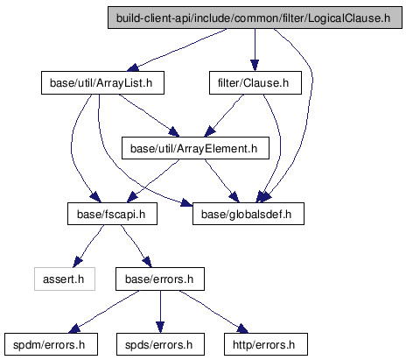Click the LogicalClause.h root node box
[x=255, y=18]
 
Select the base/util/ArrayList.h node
[x=102, y=83]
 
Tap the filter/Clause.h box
[x=255, y=83]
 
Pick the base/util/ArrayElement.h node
[x=195, y=148]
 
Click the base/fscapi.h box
[x=112, y=214]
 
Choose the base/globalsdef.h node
[x=248, y=214]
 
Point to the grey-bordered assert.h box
[x=65, y=279]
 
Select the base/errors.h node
[x=160, y=279]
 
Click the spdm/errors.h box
[x=51, y=344]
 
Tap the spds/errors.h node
[x=160, y=344]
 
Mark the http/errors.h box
[x=266, y=344]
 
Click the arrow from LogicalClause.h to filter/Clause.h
[x=255, y=50]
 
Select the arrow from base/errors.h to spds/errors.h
[x=160, y=312]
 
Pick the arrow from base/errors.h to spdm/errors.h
[x=103, y=313]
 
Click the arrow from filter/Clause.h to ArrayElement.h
[x=224, y=116]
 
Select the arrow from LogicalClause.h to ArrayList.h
[x=177, y=50]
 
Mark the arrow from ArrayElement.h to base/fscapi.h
[x=153, y=181]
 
